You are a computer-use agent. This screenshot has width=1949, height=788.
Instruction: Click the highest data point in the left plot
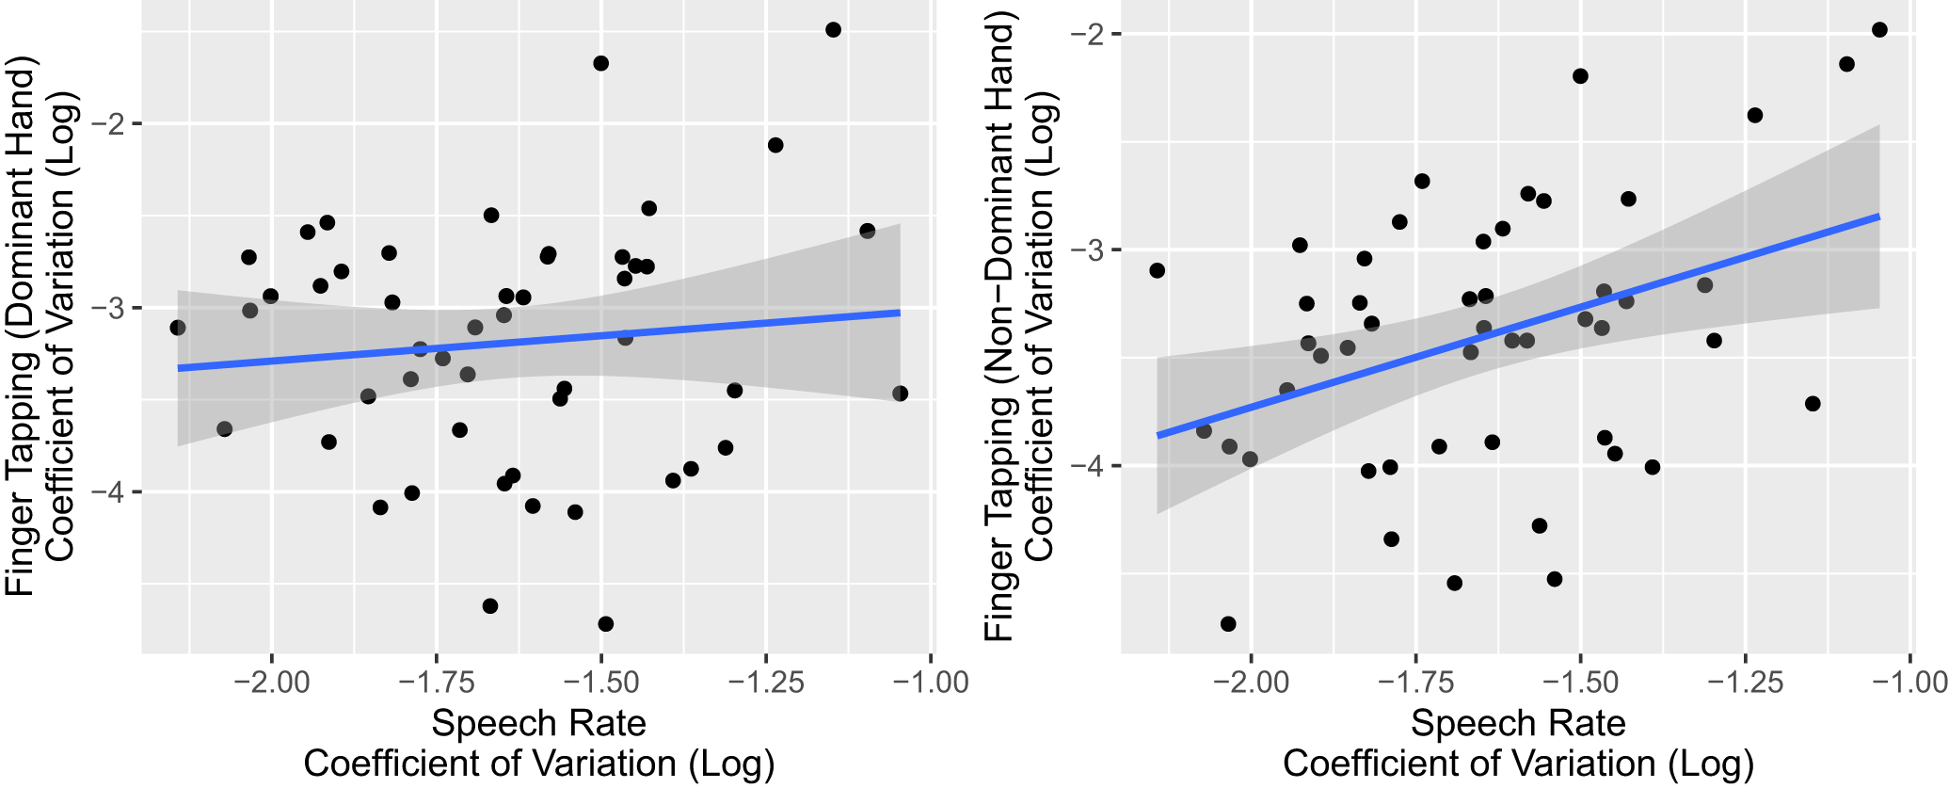(x=833, y=30)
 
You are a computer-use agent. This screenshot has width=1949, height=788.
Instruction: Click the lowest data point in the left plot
(x=606, y=624)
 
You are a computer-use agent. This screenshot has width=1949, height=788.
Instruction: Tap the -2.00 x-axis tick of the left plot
(x=272, y=682)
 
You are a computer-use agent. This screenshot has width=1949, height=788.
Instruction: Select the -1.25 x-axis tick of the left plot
(x=767, y=682)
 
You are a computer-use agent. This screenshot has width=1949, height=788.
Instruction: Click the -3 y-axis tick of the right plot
(x=1093, y=250)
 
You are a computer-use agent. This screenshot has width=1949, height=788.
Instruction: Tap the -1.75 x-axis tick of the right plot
(x=1415, y=682)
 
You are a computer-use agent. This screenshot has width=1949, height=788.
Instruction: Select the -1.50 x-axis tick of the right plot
(x=1581, y=682)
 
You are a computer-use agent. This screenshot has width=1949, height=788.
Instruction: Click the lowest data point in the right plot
(x=1228, y=624)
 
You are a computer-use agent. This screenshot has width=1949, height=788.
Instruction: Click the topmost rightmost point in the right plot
(x=1879, y=30)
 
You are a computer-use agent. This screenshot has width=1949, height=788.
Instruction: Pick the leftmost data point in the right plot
(x=1158, y=271)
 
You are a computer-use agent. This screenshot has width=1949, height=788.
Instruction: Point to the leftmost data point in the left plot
(x=178, y=328)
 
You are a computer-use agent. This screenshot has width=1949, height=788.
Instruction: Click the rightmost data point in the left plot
(x=900, y=394)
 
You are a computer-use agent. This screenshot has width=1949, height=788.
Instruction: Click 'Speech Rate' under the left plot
(x=538, y=723)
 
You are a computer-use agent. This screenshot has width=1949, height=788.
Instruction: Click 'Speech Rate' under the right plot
(x=1518, y=723)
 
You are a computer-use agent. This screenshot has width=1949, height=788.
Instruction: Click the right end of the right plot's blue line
(x=1878, y=217)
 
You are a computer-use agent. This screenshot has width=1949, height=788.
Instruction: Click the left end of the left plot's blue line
(x=179, y=368)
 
